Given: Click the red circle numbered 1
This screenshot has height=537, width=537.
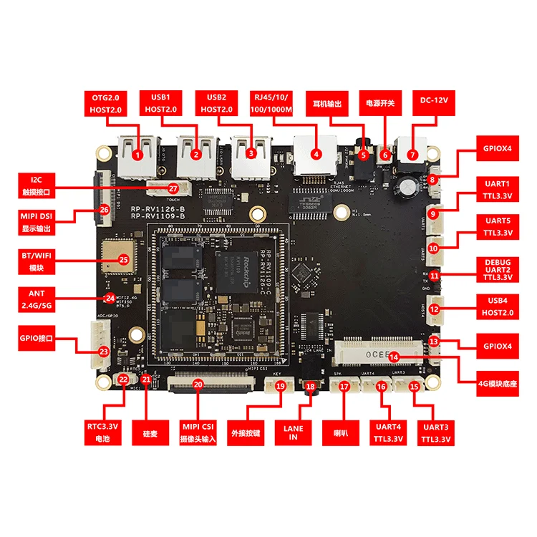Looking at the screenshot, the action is tap(137, 153).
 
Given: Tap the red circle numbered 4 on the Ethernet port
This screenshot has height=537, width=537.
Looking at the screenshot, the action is tap(316, 153).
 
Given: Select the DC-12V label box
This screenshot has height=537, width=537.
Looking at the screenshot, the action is tap(434, 102).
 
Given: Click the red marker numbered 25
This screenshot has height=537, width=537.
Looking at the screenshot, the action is tap(122, 260).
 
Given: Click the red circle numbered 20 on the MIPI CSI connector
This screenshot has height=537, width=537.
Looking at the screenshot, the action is tap(198, 384).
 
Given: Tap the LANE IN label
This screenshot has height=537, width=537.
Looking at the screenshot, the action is tap(294, 434).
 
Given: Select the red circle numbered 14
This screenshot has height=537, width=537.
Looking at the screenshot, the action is tap(394, 356).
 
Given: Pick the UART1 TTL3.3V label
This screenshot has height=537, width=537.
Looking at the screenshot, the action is tap(498, 189).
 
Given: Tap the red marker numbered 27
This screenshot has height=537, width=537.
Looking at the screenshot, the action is tap(173, 188).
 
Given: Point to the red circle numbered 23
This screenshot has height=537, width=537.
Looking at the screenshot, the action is tap(104, 352).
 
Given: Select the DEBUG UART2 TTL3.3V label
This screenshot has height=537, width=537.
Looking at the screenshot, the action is tap(498, 268).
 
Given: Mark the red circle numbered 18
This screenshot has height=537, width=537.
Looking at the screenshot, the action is tap(310, 387).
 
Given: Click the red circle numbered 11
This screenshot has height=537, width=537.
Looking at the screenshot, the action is tap(435, 276).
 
